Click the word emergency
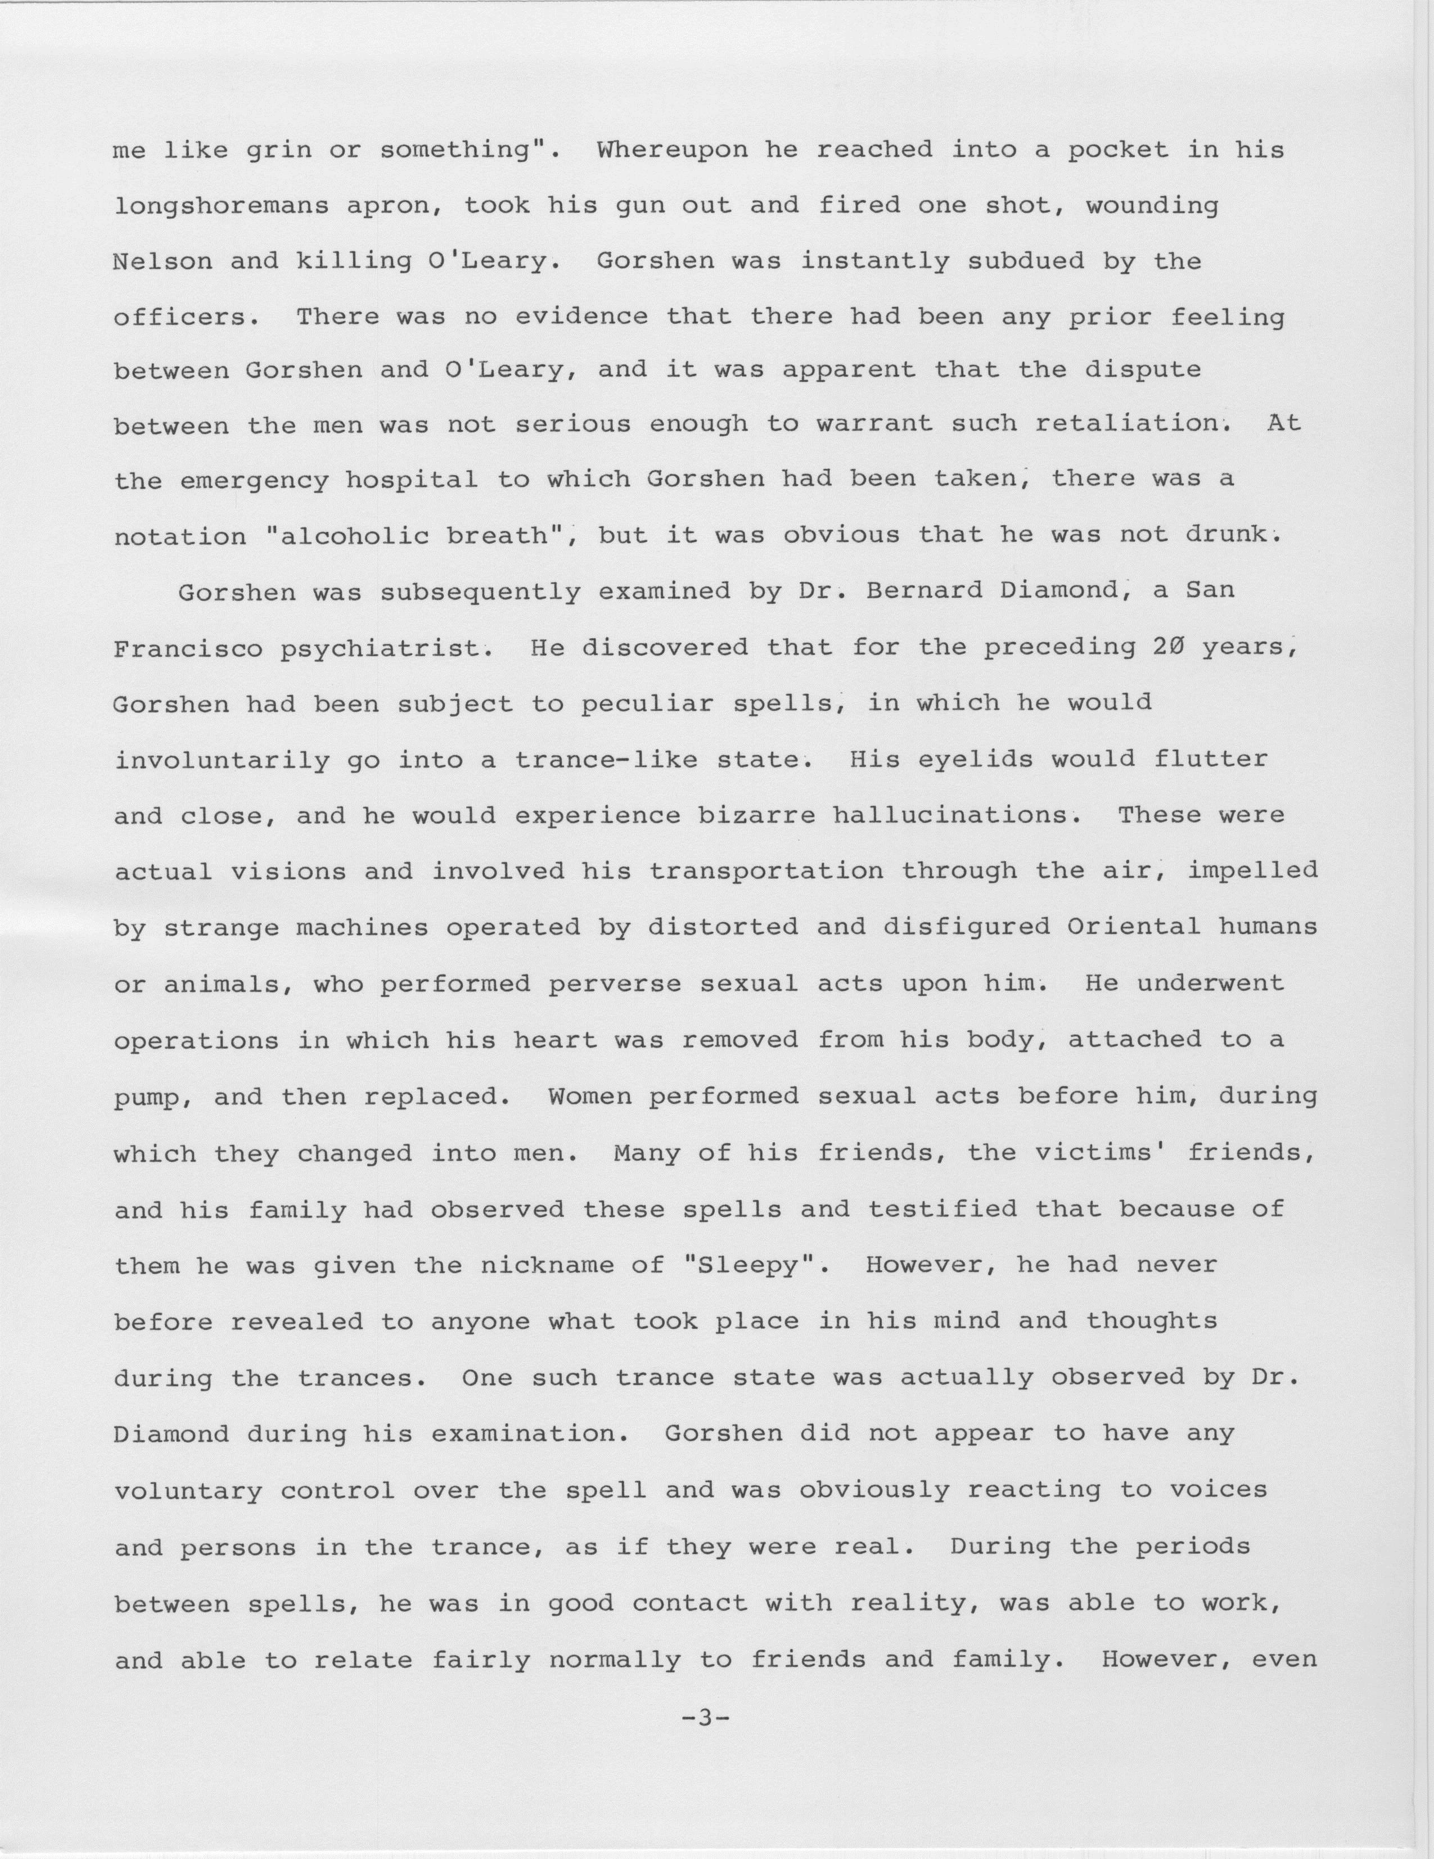pyautogui.click(x=254, y=481)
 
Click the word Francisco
pyautogui.click(x=187, y=648)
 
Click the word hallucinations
pyautogui.click(x=949, y=815)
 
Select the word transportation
pyautogui.click(x=766, y=872)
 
